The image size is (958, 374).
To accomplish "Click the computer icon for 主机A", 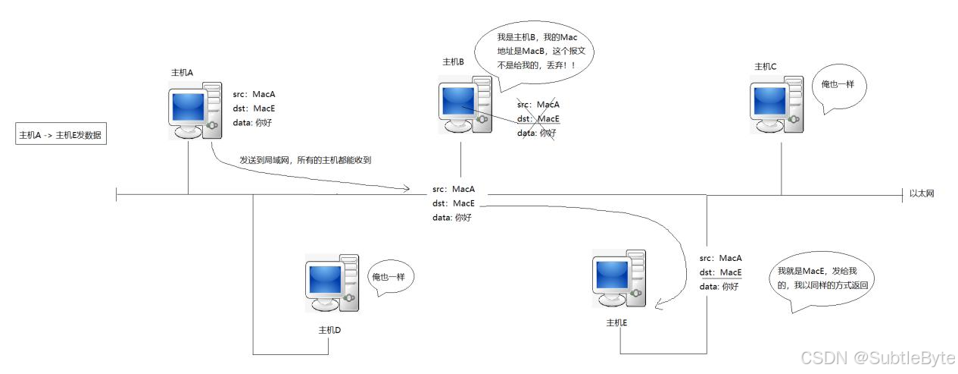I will [195, 110].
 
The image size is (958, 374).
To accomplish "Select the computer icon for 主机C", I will [777, 107].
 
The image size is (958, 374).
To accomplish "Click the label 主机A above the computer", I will [183, 72].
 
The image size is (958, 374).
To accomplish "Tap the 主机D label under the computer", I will [329, 330].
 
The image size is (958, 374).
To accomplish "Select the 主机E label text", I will [617, 322].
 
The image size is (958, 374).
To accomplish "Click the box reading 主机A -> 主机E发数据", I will [61, 136].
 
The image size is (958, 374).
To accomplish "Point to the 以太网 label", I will [922, 193].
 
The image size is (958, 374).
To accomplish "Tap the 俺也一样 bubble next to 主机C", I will [838, 86].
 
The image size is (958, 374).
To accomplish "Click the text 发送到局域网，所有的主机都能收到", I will [305, 161].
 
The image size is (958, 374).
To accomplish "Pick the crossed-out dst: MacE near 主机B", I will [538, 119].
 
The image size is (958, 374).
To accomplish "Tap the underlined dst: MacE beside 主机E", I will [720, 272].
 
